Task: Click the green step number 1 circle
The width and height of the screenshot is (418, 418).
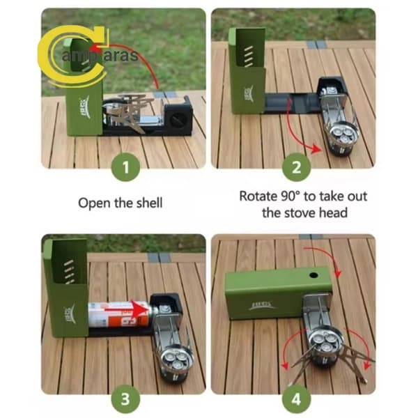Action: (x=125, y=167)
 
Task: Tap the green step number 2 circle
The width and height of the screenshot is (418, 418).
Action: (x=297, y=167)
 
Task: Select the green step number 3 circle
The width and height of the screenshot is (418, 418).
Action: (x=125, y=399)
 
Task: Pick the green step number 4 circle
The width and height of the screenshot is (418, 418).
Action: (x=297, y=399)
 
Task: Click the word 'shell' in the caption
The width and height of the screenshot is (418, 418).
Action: (x=149, y=203)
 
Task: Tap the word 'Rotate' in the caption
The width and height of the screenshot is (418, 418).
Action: (x=258, y=196)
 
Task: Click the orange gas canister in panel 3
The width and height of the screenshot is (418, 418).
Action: (x=119, y=314)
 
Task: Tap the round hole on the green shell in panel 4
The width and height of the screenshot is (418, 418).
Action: (x=313, y=275)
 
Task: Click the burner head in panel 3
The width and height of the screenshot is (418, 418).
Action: (x=177, y=359)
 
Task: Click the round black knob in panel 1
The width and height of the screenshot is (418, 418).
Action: (x=177, y=119)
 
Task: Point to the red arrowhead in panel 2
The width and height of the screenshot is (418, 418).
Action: (x=317, y=149)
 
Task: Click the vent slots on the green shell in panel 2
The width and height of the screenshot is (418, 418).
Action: (x=249, y=56)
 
